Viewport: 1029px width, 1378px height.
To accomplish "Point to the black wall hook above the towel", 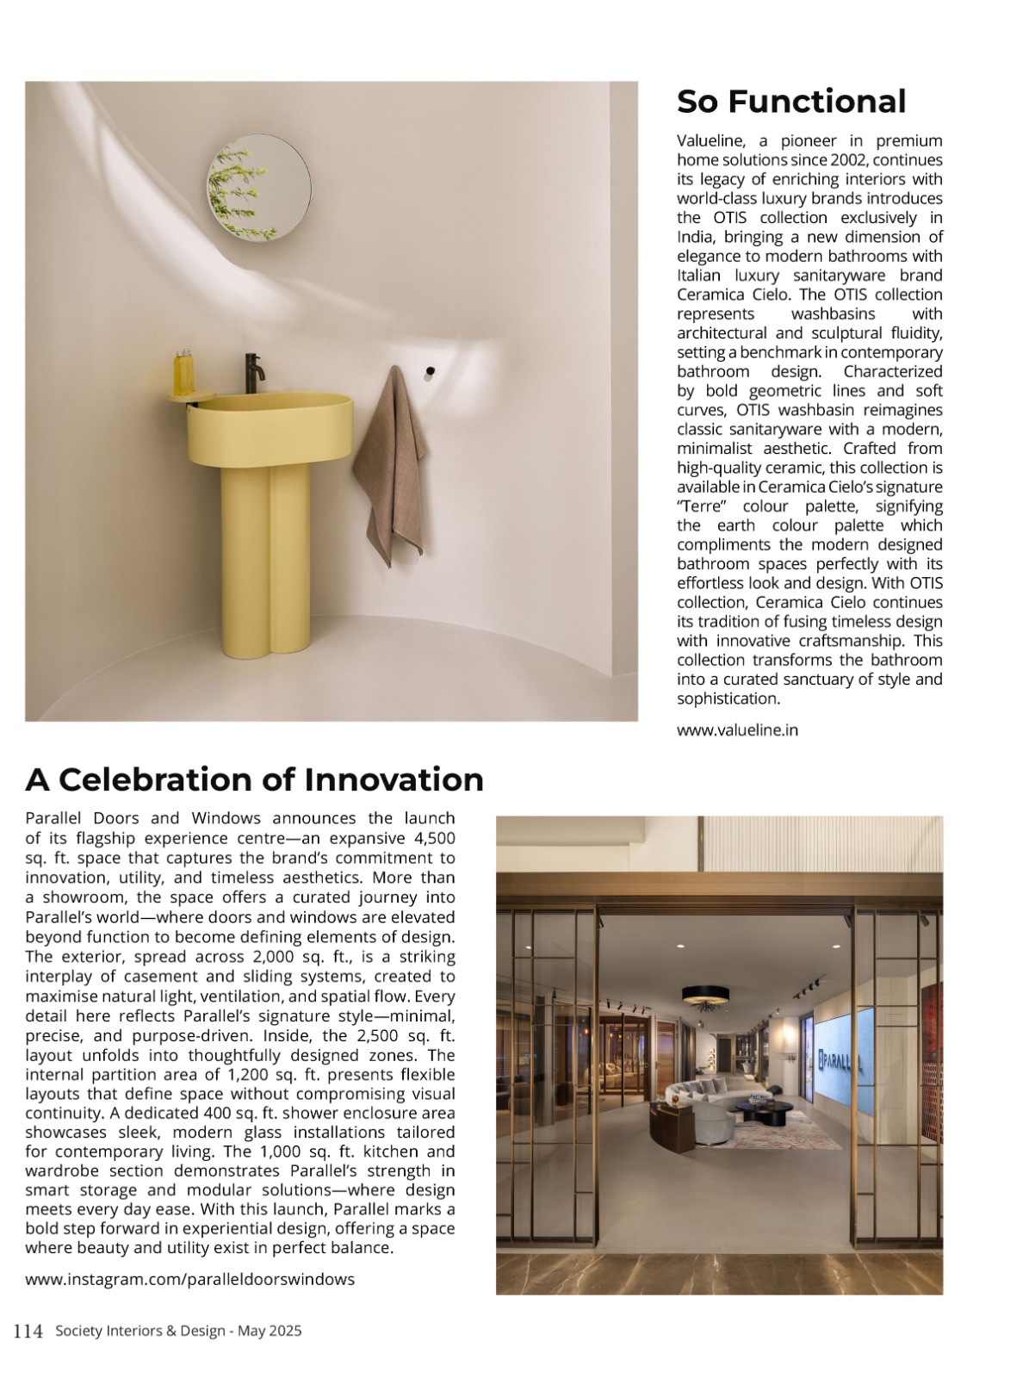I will tap(430, 371).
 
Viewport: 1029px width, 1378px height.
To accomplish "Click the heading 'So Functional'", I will tap(790, 102).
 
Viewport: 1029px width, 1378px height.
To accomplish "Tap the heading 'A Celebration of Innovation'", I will tap(254, 779).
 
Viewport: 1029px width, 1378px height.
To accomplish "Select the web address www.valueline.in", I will tap(737, 729).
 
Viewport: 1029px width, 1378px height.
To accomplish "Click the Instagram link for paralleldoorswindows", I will tap(189, 1279).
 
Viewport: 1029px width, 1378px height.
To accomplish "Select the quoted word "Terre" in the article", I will tap(703, 506).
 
